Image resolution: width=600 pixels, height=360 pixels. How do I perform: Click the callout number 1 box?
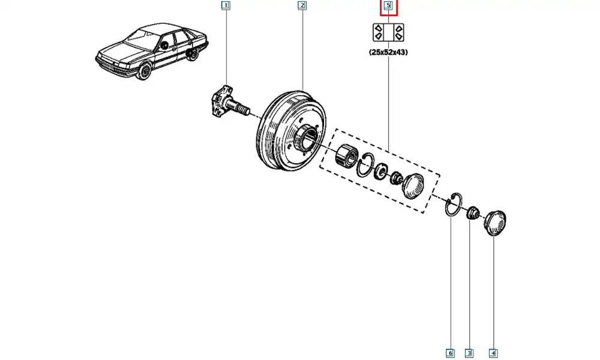[226, 6]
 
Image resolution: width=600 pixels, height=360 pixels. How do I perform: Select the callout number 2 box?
[302, 6]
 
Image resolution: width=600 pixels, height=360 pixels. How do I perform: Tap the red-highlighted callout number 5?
[388, 6]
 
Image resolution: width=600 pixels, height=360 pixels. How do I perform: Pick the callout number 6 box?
[450, 353]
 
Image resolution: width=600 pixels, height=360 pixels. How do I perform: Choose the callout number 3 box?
[469, 353]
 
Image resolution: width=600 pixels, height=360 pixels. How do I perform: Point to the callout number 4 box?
[493, 353]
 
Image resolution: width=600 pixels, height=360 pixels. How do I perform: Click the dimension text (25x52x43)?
[388, 52]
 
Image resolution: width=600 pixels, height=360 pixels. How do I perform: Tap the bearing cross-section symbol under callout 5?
[388, 32]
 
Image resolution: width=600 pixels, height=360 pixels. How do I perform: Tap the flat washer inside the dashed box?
[380, 173]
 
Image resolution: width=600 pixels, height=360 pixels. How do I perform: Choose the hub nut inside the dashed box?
[395, 178]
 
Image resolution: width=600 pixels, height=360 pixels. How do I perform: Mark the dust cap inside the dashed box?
[414, 184]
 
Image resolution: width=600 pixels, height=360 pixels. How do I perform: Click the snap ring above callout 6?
[453, 204]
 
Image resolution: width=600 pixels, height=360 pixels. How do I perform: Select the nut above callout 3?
[473, 212]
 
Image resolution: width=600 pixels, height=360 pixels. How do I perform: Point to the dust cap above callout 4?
[495, 223]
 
